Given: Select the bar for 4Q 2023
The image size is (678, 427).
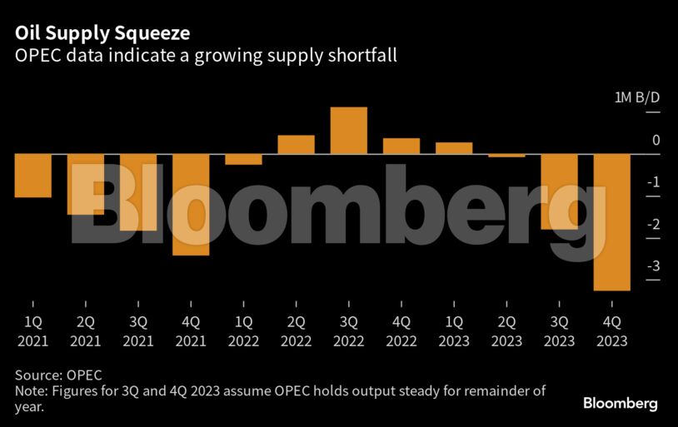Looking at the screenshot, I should (x=611, y=222).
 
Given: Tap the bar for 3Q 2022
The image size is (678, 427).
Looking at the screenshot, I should (x=348, y=131).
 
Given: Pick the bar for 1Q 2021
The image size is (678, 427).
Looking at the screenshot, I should (x=32, y=176).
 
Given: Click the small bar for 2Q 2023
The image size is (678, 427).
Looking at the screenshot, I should (x=506, y=155).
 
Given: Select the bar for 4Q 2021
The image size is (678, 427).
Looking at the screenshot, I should (x=191, y=205).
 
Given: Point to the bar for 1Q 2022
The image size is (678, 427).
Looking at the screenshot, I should (x=243, y=159).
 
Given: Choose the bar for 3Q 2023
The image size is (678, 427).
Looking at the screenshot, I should (x=559, y=192).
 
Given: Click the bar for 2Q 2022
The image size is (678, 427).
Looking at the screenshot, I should (x=296, y=145).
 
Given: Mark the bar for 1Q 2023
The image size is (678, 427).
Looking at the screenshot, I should (x=454, y=148).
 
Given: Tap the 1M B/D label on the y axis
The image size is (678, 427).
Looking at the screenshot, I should (x=637, y=98).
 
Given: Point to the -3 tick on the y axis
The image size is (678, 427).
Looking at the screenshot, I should (x=655, y=266).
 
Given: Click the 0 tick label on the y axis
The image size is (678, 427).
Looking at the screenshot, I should (x=656, y=141).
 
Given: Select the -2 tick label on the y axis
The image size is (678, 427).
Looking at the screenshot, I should (x=655, y=225).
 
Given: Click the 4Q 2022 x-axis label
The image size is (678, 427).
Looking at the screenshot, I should (x=401, y=330).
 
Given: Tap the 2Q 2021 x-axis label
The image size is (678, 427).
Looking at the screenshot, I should (x=85, y=330).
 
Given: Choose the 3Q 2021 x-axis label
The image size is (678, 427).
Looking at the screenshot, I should (x=138, y=330).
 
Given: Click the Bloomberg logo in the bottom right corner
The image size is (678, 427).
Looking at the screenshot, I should (x=620, y=403).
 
